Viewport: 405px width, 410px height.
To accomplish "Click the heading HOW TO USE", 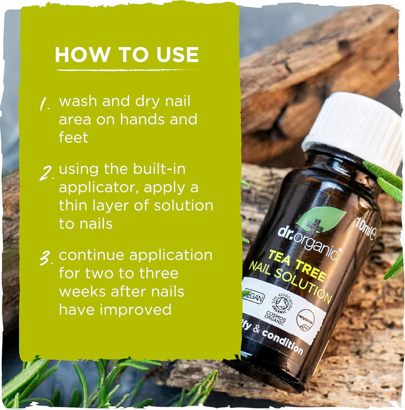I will pyautogui.click(x=127, y=55).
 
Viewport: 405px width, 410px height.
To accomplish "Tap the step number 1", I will pyautogui.click(x=45, y=104).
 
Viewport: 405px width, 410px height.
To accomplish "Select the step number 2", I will pyautogui.click(x=46, y=172).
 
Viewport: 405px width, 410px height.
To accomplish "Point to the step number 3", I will pyautogui.click(x=46, y=258).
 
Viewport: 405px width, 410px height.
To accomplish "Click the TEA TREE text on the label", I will pyautogui.click(x=296, y=264).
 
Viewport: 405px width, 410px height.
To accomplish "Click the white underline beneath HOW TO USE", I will pyautogui.click(x=127, y=70).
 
